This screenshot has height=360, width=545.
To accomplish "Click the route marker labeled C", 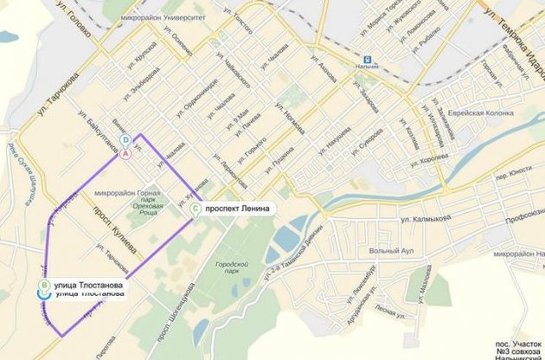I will point(196,209).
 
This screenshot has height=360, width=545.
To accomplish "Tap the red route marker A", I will point(126,152).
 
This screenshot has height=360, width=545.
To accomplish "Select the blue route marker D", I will point(126,140).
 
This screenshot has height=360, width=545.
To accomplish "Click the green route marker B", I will point(42,284).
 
